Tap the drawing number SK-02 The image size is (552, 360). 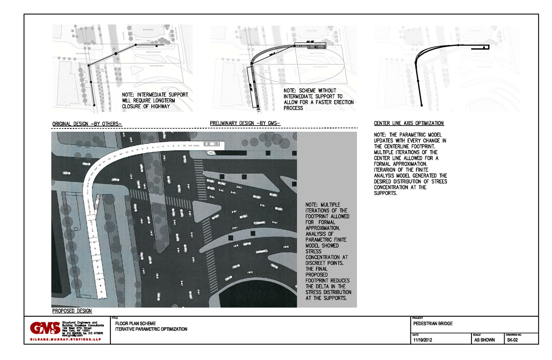click(513, 340)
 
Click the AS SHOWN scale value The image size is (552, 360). click(484, 340)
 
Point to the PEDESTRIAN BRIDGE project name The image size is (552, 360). click(433, 324)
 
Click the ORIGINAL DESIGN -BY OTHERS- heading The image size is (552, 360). click(87, 124)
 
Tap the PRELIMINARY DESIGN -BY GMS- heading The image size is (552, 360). click(245, 123)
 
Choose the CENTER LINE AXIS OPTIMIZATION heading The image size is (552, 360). click(409, 123)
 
